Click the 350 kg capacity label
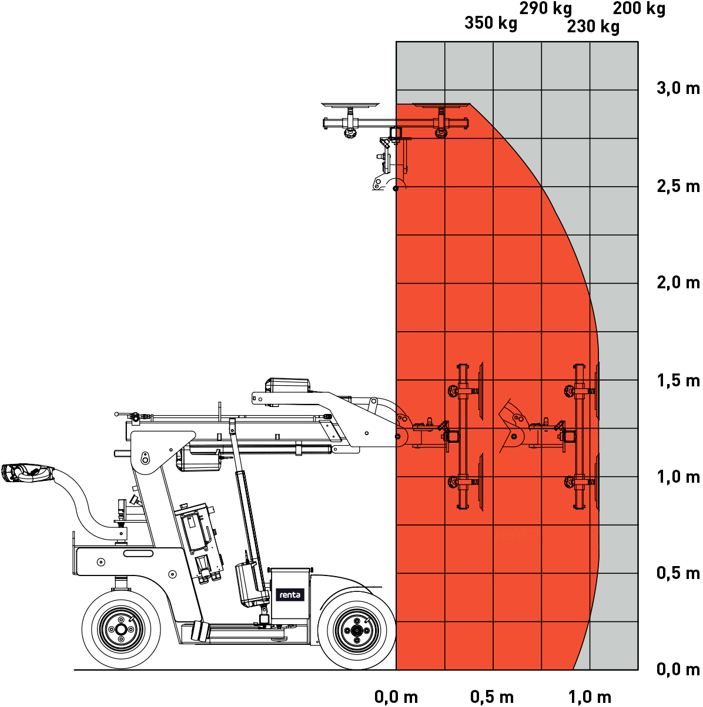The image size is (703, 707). (491, 23)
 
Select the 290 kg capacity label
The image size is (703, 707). (545, 8)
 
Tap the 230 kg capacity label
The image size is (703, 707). (593, 26)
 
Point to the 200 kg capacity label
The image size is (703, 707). (639, 8)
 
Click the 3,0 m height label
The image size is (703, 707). (678, 89)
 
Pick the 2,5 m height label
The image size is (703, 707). (678, 186)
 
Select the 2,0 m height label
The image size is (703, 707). (678, 283)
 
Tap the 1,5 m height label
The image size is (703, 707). (678, 381)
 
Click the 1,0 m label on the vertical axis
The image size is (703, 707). (678, 477)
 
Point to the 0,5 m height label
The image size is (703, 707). (678, 573)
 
